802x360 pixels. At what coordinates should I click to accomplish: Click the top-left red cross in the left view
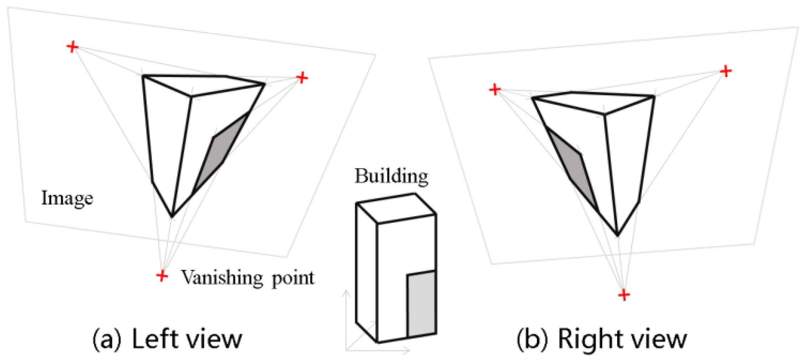coord(72,47)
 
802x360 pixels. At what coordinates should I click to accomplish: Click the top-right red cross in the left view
coord(302,77)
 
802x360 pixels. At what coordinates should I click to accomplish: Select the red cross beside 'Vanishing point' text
coord(162,275)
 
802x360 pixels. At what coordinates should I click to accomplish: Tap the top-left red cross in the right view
coord(495,89)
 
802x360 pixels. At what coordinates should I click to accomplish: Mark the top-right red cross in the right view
coord(726,71)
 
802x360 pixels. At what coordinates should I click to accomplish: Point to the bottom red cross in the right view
coord(624,295)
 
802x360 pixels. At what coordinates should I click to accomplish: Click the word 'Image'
coord(67,198)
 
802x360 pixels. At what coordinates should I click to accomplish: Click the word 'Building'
coord(391,176)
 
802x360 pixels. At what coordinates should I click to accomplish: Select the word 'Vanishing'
coord(222,277)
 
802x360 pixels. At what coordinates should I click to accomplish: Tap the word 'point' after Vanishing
coord(293,278)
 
